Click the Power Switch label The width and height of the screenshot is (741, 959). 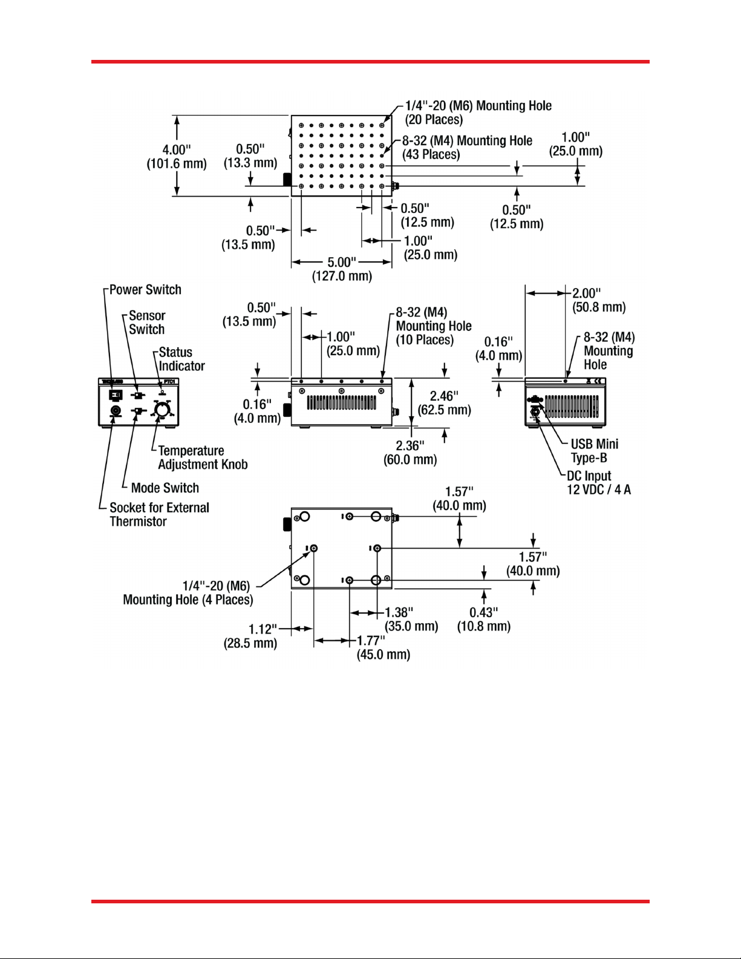(145, 290)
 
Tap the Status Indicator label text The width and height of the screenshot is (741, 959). (181, 359)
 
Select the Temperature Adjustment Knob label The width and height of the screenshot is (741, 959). (203, 458)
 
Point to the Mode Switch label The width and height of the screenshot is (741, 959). (165, 488)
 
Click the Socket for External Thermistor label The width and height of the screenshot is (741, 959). (159, 515)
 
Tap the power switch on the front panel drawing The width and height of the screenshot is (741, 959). (115, 395)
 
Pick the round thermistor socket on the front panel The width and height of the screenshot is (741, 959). (115, 411)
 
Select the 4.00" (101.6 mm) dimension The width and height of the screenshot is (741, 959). (176, 157)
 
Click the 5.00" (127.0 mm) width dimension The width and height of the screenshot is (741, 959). (342, 269)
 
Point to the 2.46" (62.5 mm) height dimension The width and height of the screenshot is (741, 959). (444, 403)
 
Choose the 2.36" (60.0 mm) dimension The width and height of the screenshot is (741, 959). (410, 453)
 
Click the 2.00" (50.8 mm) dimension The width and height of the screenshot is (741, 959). (599, 300)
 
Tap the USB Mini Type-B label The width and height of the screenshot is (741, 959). (594, 451)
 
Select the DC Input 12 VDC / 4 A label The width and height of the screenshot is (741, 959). (598, 483)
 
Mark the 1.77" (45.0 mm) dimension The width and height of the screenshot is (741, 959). (383, 647)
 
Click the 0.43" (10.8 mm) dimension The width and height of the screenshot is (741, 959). (484, 620)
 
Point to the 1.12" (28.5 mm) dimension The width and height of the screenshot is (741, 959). (250, 636)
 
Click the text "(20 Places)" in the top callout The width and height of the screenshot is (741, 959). (434, 120)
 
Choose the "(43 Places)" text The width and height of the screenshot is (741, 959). (431, 155)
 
